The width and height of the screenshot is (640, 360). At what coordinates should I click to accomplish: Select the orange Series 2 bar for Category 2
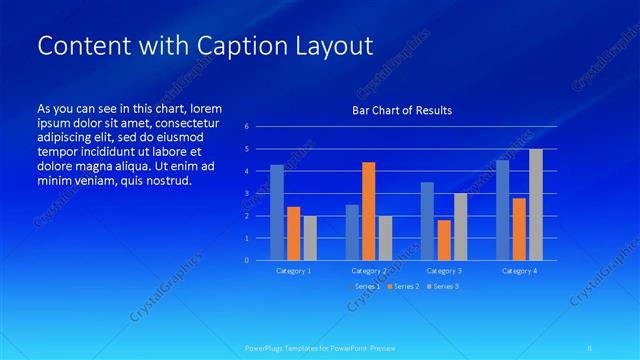tap(368, 211)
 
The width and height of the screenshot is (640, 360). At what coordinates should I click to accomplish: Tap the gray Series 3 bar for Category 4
tap(536, 204)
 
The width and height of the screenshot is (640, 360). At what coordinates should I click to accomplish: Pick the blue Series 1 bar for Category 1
tap(277, 212)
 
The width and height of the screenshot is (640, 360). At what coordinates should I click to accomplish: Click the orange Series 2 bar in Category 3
tap(444, 240)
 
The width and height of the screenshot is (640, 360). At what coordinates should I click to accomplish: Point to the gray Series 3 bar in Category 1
tap(310, 238)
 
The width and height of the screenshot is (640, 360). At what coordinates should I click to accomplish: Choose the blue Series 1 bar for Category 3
tap(427, 221)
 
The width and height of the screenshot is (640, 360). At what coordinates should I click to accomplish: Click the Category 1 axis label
tap(294, 271)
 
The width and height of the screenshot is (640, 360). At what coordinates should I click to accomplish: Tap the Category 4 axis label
tap(519, 271)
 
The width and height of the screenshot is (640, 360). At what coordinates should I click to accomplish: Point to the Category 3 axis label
tap(444, 271)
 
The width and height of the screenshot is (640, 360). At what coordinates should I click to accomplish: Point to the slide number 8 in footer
tap(590, 348)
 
